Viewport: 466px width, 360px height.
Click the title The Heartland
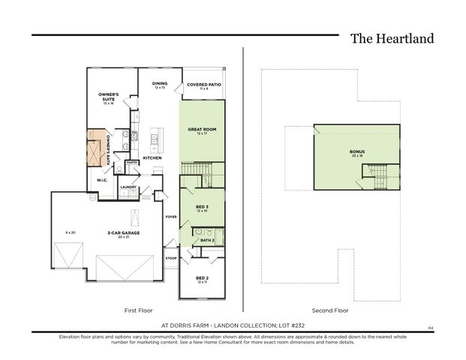coord(392,38)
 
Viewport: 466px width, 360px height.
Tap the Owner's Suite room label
coord(110,97)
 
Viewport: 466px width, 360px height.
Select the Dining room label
coord(159,84)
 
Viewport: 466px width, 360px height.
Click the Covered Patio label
coord(203,85)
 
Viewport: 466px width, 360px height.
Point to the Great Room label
coord(201,130)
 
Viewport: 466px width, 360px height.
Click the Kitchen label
coord(152,158)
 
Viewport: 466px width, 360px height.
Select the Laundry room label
coord(128,187)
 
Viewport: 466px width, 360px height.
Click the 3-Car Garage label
coord(125,233)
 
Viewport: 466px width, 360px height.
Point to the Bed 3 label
coord(201,206)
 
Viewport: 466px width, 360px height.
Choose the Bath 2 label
coord(207,239)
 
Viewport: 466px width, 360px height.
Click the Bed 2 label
coord(201,278)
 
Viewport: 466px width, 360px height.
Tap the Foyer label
coord(170,217)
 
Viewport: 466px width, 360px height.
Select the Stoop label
coord(170,258)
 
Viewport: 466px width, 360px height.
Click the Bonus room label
coord(356,152)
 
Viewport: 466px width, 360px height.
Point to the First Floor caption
coord(139,310)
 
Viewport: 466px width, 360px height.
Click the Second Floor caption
coord(330,310)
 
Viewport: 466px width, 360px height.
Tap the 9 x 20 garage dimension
coord(70,232)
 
